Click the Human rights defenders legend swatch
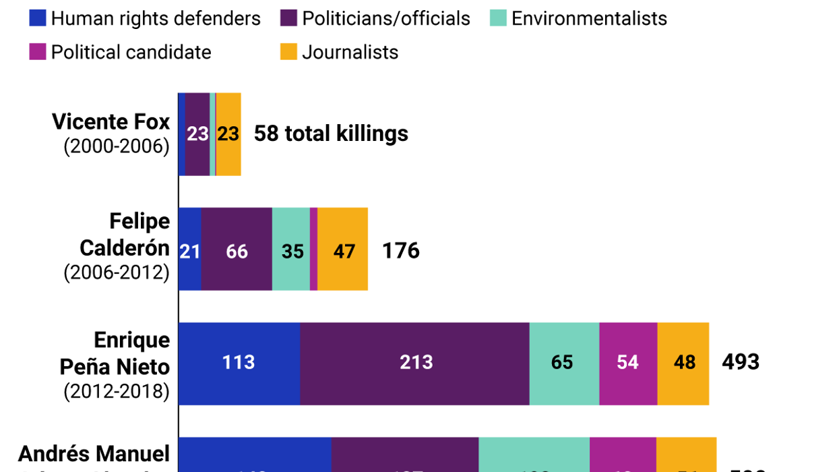tap(38, 18)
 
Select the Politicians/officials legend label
tap(385, 18)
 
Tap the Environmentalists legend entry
tap(589, 18)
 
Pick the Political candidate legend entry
tap(131, 52)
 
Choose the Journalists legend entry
tap(350, 52)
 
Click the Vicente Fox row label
tap(111, 134)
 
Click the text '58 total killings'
tap(331, 134)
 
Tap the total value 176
tap(400, 251)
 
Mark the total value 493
tap(740, 362)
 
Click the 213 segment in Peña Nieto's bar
tap(415, 363)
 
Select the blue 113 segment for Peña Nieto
tap(239, 363)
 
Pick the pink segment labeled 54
tap(627, 363)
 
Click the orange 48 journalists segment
tap(683, 363)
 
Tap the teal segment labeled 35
tap(291, 250)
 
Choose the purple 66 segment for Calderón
tap(236, 250)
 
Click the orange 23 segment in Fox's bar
tap(228, 134)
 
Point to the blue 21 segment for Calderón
tap(189, 250)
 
